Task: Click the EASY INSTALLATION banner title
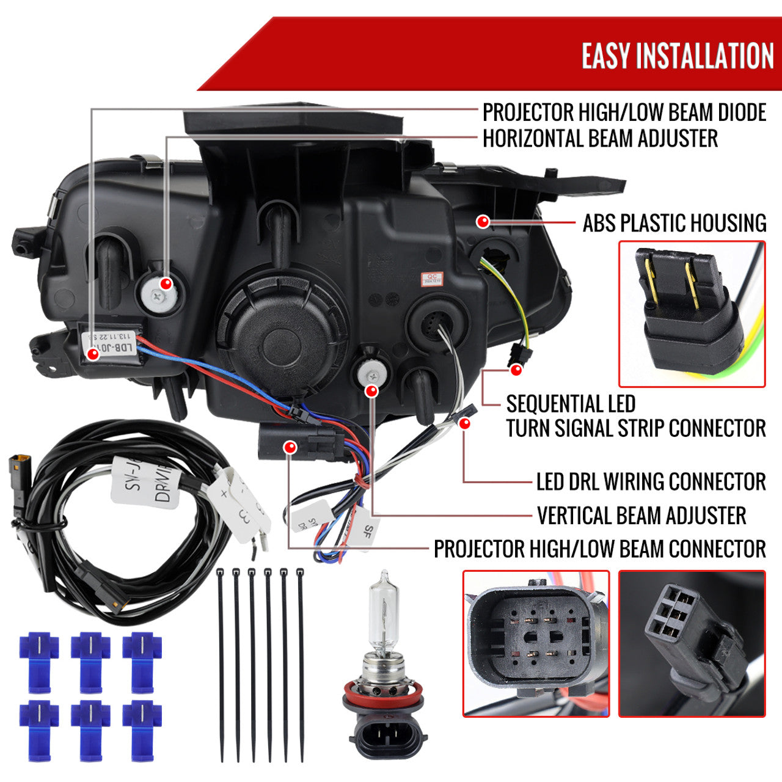tap(677, 56)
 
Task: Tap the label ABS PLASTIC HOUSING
tap(674, 224)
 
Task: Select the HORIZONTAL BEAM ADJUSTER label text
tap(600, 139)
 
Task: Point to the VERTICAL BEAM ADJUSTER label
tap(641, 516)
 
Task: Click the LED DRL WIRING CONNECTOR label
tap(651, 482)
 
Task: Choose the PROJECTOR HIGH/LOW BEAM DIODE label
tap(624, 112)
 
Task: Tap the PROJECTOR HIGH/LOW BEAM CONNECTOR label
tap(599, 549)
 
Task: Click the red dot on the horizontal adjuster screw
tap(165, 283)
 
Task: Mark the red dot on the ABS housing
tap(483, 221)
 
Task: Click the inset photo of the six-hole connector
tap(692, 643)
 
